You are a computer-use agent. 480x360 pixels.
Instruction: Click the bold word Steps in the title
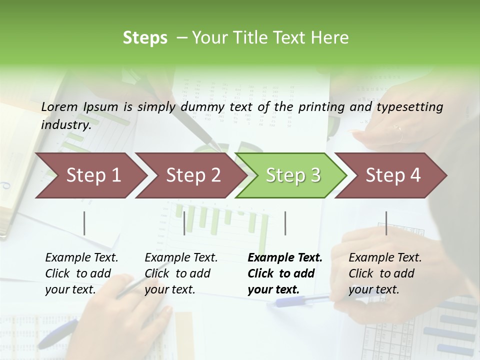coord(145,38)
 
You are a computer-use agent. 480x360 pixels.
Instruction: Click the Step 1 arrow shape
coord(93,175)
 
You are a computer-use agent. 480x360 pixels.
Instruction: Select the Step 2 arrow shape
coord(193,175)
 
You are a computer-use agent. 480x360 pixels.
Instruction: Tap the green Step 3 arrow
coord(293,175)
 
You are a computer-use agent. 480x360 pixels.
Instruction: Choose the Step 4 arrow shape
coord(393,175)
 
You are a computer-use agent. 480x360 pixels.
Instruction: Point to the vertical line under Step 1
coord(84,223)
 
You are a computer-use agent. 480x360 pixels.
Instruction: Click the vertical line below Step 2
coord(184,223)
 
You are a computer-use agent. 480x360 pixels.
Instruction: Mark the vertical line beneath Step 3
coord(285,223)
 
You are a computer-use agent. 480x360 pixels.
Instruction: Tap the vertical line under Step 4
coord(386,223)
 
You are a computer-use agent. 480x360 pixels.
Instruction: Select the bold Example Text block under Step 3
coord(285,273)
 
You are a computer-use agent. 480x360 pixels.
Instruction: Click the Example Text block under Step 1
coord(81,273)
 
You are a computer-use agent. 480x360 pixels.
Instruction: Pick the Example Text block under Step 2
coord(181,273)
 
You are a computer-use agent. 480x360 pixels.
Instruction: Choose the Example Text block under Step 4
coord(385,273)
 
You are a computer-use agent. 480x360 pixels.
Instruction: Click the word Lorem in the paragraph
coord(59,107)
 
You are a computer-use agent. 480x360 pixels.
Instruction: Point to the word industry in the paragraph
coord(65,125)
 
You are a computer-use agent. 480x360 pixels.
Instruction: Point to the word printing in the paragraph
coord(320,107)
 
